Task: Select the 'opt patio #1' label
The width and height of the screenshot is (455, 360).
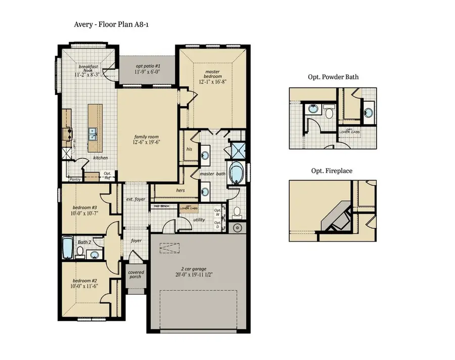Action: tap(148, 66)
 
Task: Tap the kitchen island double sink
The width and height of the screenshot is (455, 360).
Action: tap(93, 134)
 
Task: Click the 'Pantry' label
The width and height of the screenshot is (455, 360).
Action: tap(75, 179)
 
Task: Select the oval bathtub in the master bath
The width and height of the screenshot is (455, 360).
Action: tap(236, 173)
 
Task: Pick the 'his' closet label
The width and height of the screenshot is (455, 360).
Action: tap(189, 150)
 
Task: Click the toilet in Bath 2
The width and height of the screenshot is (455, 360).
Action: tap(79, 253)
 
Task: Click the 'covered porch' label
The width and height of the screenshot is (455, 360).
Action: tap(135, 275)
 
